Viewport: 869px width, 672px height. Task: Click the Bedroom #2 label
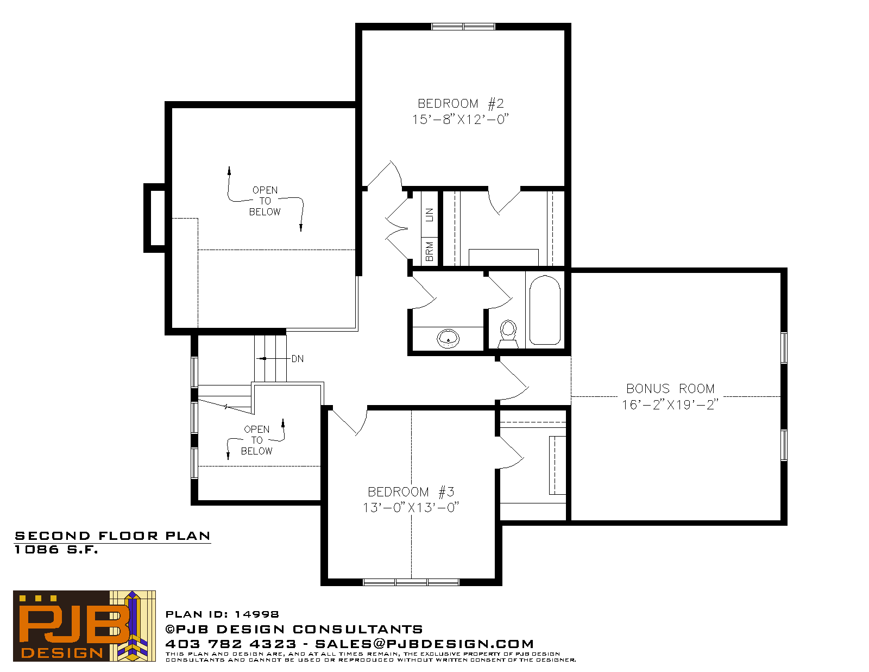460,104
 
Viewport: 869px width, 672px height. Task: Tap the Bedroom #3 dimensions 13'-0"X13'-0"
411,507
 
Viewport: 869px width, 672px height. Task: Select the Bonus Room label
670,388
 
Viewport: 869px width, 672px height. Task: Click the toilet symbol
508,333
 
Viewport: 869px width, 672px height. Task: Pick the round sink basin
448,339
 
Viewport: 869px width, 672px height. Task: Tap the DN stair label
297,359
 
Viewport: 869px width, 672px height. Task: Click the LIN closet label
430,215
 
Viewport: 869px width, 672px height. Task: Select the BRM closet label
430,251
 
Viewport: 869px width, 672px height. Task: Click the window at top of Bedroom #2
463,27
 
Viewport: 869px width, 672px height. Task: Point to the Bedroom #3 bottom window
411,582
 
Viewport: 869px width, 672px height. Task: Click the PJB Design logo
84,626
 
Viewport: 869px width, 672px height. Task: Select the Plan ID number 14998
257,614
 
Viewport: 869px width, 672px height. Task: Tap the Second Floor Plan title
112,536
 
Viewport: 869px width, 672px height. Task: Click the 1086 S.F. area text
56,550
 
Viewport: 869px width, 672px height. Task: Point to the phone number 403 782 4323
231,644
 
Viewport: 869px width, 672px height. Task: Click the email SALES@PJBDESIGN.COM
424,644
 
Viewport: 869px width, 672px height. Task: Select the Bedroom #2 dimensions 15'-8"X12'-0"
460,119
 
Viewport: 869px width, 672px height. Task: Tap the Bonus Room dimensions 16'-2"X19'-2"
670,405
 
